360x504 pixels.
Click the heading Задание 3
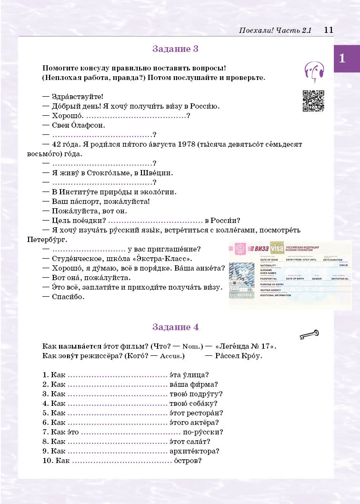[175, 49]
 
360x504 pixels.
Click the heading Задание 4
[175, 327]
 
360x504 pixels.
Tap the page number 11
[328, 30]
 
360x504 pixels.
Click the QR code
[313, 101]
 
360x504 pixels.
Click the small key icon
[309, 335]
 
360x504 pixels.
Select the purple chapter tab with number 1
[346, 59]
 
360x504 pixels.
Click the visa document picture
[290, 275]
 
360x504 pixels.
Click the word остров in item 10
[187, 461]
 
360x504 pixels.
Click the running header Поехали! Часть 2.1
[275, 30]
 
